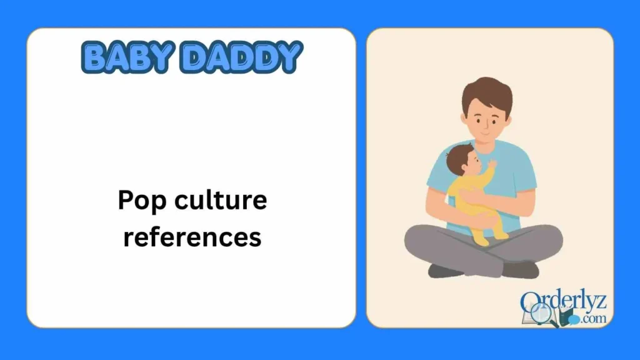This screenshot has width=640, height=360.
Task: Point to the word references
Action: click(x=192, y=237)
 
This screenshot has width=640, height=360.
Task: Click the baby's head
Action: click(x=461, y=161)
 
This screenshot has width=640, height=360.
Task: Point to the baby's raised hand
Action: click(x=492, y=164)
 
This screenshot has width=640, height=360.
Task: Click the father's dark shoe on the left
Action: click(x=446, y=271)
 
